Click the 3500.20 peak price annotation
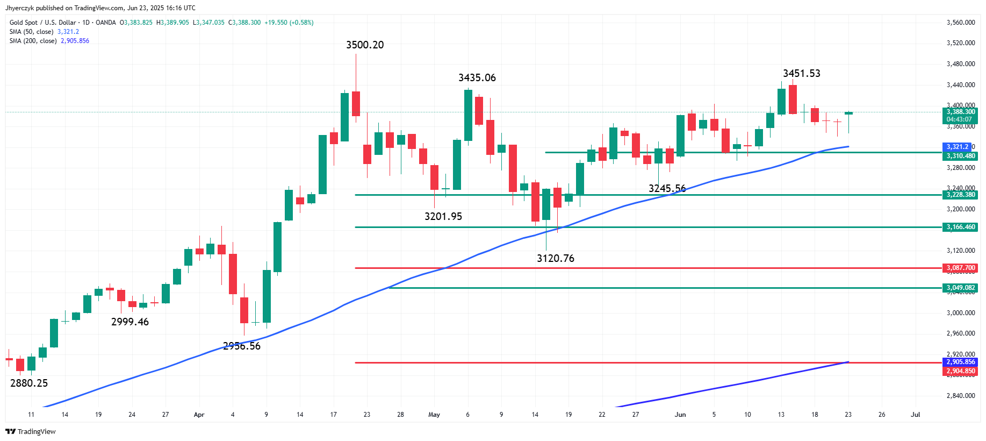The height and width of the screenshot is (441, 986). click(x=365, y=45)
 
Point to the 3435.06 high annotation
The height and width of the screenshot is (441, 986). click(x=477, y=78)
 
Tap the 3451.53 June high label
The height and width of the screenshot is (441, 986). click(x=801, y=74)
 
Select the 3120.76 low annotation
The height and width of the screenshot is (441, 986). click(x=555, y=259)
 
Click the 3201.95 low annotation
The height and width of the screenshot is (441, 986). click(x=443, y=217)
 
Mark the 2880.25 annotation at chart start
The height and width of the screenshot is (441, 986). click(x=29, y=383)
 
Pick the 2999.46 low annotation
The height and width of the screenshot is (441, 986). click(x=129, y=322)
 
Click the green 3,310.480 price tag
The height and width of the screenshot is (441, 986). click(x=960, y=156)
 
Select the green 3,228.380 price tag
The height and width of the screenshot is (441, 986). click(x=960, y=195)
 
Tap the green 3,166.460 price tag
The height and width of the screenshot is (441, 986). click(x=960, y=227)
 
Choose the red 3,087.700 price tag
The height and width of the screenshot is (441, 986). click(x=960, y=268)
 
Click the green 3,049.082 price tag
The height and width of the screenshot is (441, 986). click(x=960, y=288)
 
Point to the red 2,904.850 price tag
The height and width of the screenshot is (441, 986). click(x=960, y=371)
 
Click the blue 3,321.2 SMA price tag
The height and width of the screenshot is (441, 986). click(x=956, y=147)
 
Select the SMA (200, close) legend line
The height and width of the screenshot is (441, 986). click(x=49, y=41)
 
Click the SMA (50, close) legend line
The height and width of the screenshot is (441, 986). click(x=44, y=32)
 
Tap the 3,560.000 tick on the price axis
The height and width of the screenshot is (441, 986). click(x=960, y=23)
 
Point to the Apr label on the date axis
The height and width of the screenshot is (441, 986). click(x=199, y=415)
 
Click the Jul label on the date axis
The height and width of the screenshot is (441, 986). click(x=915, y=415)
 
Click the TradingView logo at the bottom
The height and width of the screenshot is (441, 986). click(x=31, y=431)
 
